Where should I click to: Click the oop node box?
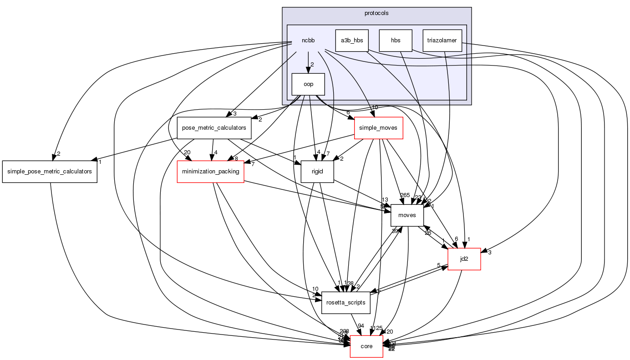click(x=308, y=84)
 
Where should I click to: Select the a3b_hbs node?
click(x=352, y=40)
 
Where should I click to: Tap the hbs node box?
click(x=396, y=40)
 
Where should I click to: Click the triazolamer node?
click(x=442, y=40)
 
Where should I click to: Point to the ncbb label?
click(x=308, y=41)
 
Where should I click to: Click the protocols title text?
click(x=376, y=13)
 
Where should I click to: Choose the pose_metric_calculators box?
click(x=214, y=128)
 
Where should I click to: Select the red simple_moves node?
click(x=378, y=128)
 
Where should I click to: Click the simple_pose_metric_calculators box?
click(x=50, y=172)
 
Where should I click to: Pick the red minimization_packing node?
click(x=211, y=172)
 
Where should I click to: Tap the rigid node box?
click(x=317, y=172)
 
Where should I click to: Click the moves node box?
click(x=407, y=215)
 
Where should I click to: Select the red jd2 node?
click(x=464, y=259)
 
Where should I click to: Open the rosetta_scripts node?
click(x=346, y=303)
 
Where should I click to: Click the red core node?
click(x=366, y=346)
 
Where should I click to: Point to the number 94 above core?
click(x=361, y=326)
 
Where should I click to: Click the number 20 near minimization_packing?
click(x=187, y=152)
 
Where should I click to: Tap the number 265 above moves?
click(x=405, y=195)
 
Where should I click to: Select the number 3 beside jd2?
click(x=490, y=253)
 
